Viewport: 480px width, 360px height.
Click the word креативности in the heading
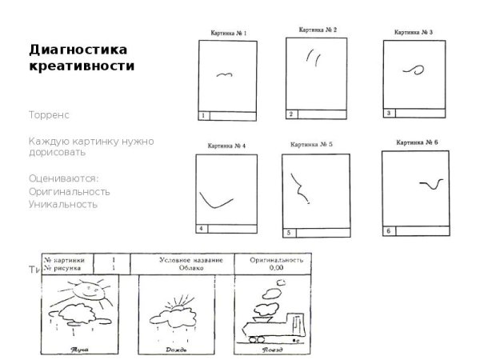point(81,66)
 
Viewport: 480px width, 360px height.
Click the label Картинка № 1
point(227,34)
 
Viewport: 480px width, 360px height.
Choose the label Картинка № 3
point(414,33)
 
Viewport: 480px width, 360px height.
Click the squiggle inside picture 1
point(224,74)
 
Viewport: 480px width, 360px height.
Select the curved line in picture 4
point(217,198)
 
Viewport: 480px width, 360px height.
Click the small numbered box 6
point(388,231)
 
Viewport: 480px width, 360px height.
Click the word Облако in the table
point(182,269)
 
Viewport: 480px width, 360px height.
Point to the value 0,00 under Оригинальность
point(276,269)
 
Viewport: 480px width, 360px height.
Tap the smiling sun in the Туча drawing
point(90,293)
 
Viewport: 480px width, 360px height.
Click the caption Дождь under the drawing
point(174,350)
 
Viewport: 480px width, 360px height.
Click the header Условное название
point(182,260)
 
